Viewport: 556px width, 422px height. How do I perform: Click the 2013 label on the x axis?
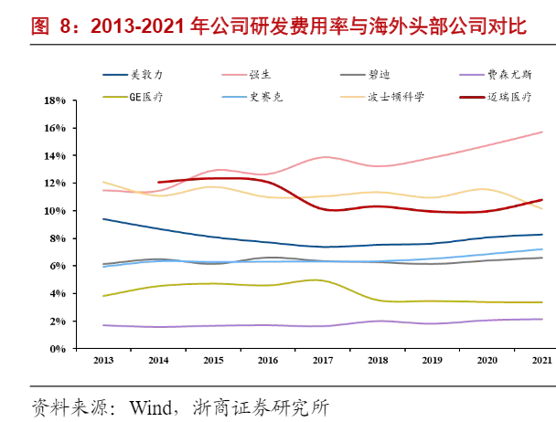point(104,361)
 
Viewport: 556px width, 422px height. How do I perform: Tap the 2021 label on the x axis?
point(542,361)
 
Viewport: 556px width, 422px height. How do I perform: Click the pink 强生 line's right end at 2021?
point(543,132)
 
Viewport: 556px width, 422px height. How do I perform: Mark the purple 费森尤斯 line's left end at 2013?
point(103,325)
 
